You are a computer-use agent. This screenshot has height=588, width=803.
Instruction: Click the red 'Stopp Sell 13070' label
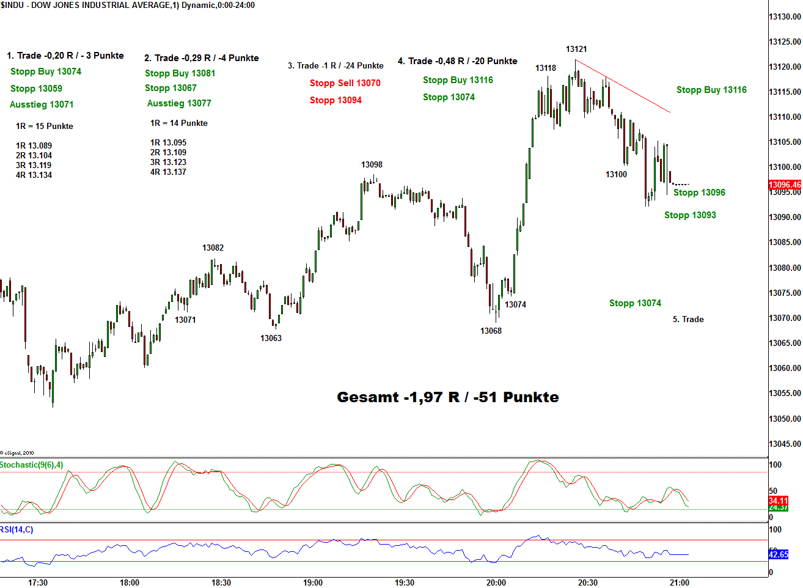[345, 83]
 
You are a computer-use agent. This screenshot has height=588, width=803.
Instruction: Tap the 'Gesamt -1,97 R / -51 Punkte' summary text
[447, 397]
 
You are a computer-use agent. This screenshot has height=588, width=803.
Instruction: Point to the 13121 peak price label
[576, 50]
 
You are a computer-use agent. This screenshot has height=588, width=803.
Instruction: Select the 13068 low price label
[491, 331]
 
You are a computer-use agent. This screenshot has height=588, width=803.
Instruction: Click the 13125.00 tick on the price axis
[785, 42]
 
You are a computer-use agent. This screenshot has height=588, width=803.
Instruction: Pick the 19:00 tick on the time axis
[313, 582]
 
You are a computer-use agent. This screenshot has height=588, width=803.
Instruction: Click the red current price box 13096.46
[784, 185]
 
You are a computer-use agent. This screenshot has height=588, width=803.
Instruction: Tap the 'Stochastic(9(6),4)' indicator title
[32, 465]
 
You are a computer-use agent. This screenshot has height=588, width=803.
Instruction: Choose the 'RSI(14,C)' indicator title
[17, 529]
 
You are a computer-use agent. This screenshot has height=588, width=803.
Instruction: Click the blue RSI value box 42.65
[778, 554]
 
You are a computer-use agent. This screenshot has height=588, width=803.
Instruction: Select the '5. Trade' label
[688, 320]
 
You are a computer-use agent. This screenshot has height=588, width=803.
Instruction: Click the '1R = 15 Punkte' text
[45, 127]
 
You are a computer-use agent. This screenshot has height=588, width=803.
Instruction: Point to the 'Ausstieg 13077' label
[179, 103]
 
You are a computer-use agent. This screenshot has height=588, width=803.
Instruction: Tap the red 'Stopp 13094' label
[335, 100]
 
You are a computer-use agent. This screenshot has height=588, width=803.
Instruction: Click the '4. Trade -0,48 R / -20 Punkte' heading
[457, 61]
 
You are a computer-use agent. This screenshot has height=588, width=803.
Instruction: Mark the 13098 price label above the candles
[372, 165]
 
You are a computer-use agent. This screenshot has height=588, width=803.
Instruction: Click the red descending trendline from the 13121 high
[623, 86]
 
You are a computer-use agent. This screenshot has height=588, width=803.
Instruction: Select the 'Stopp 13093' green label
[690, 215]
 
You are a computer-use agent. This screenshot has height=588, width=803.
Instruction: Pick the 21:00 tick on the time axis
[680, 582]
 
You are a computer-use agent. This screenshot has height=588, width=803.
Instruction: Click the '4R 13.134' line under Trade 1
[34, 175]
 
